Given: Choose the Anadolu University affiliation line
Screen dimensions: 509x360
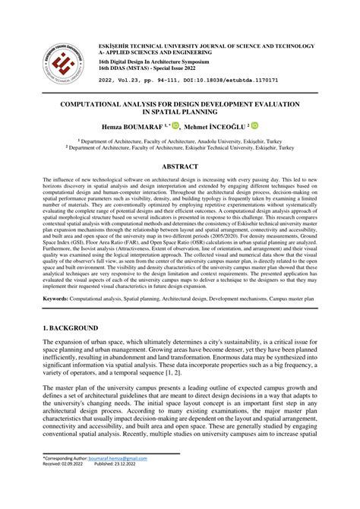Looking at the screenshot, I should (x=181, y=141).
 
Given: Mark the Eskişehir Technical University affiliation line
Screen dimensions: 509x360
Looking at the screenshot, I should (x=181, y=148).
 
